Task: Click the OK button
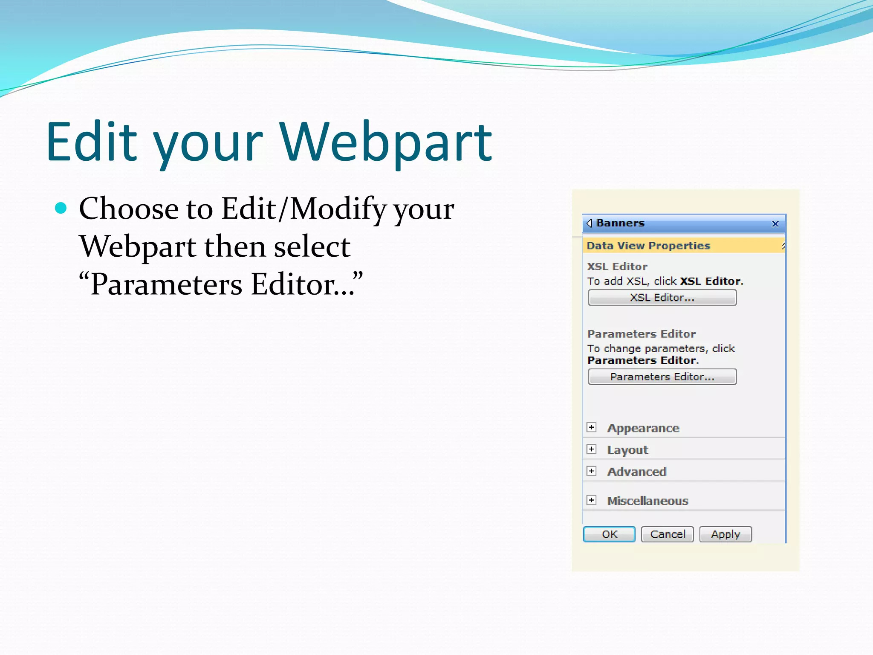(609, 534)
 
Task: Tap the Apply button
(726, 534)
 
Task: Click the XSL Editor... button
(662, 298)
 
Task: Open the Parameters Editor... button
(662, 377)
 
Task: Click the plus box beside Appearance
(591, 427)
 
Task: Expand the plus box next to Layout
(591, 449)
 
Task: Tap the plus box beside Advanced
(591, 471)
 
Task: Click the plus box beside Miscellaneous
(591, 500)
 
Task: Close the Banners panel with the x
(775, 224)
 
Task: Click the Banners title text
(620, 223)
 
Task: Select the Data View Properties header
(648, 246)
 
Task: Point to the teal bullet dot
(61, 208)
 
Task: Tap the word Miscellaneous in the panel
(648, 501)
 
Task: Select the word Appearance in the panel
(643, 428)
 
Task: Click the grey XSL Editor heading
(617, 267)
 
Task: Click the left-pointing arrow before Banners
(590, 223)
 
